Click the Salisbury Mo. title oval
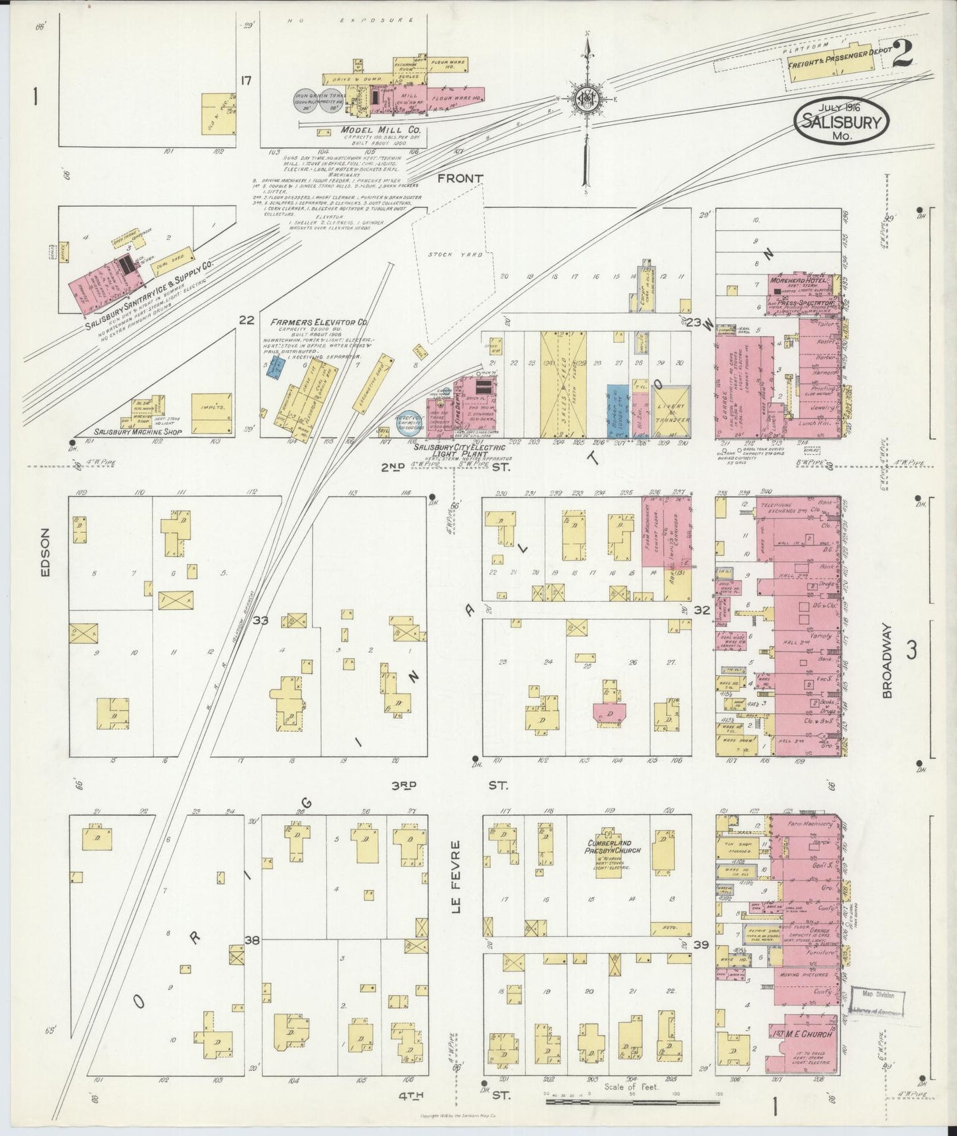[x=842, y=121]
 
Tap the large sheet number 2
[x=901, y=54]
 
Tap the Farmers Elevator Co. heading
[x=319, y=323]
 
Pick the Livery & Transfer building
[x=672, y=411]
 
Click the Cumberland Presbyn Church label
[x=609, y=846]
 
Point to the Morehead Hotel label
[x=795, y=280]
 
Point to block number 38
[x=251, y=939]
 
